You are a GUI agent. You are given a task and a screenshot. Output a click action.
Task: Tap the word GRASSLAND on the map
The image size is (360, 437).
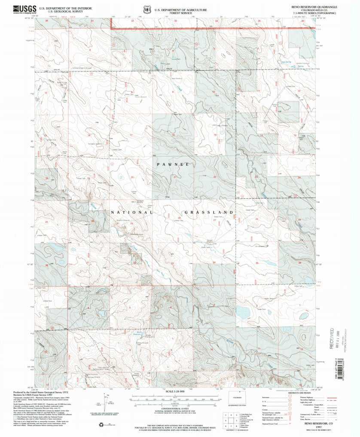click(209, 212)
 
